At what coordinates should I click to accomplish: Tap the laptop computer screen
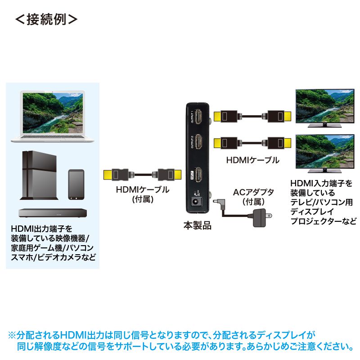[53, 111]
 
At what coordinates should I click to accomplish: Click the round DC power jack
[197, 202]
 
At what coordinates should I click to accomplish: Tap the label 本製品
[197, 225]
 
